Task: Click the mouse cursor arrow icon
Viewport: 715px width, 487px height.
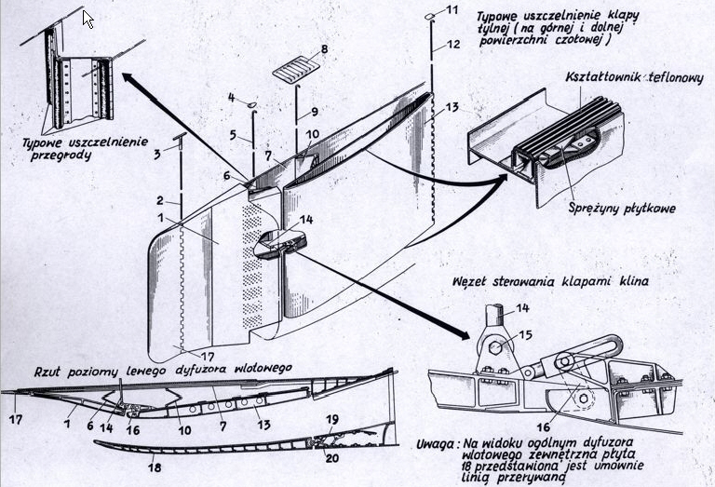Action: click(88, 19)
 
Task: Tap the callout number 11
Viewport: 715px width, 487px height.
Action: click(452, 9)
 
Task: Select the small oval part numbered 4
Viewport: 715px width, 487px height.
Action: click(252, 105)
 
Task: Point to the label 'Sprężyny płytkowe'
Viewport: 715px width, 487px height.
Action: click(622, 209)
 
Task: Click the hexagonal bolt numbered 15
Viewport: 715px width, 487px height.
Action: click(495, 349)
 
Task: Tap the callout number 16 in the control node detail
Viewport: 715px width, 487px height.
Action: click(543, 427)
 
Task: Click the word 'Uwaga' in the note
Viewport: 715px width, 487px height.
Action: click(436, 443)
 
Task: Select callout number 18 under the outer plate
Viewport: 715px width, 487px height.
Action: click(155, 467)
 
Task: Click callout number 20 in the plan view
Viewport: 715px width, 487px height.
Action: click(332, 457)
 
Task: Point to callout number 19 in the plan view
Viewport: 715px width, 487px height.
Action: click(332, 420)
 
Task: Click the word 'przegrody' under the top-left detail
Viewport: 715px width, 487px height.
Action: click(61, 156)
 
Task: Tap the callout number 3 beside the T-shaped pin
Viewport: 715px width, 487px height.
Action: click(156, 155)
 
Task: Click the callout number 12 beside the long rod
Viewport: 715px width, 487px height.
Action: click(453, 45)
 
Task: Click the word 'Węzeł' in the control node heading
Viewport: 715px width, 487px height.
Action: click(469, 281)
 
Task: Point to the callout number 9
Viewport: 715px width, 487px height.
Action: click(314, 111)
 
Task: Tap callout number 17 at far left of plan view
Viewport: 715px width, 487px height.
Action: click(16, 419)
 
